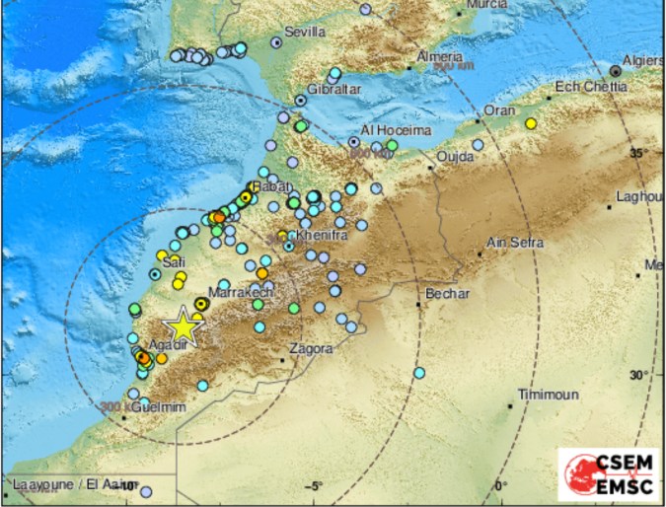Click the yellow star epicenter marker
pyautogui.click(x=183, y=327)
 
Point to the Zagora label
pyautogui.click(x=311, y=348)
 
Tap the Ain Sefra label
pyautogui.click(x=514, y=242)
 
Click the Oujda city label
pyautogui.click(x=455, y=157)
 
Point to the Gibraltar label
pyautogui.click(x=334, y=89)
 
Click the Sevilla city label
pyautogui.click(x=304, y=32)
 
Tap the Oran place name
pyautogui.click(x=497, y=110)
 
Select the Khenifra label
pyautogui.click(x=320, y=238)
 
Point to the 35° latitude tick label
pyautogui.click(x=638, y=153)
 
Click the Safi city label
pyautogui.click(x=175, y=262)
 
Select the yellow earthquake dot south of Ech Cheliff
pyautogui.click(x=531, y=124)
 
